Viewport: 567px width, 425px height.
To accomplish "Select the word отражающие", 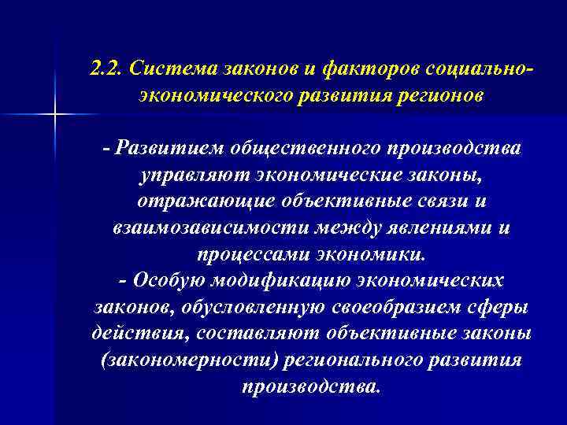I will [x=188, y=202].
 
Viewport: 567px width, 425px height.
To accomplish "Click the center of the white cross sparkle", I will [x=56, y=116].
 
